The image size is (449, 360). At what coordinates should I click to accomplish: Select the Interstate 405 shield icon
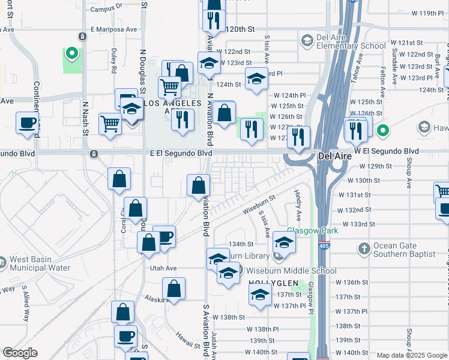click(x=324, y=245)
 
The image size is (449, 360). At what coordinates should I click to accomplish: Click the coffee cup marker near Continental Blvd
click(x=28, y=123)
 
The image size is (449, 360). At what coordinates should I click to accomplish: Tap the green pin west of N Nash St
click(x=71, y=55)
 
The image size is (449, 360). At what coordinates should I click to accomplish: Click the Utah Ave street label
click(x=163, y=268)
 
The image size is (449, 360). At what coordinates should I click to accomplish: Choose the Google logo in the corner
click(x=20, y=353)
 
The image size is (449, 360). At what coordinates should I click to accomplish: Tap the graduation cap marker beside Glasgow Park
click(x=285, y=243)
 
